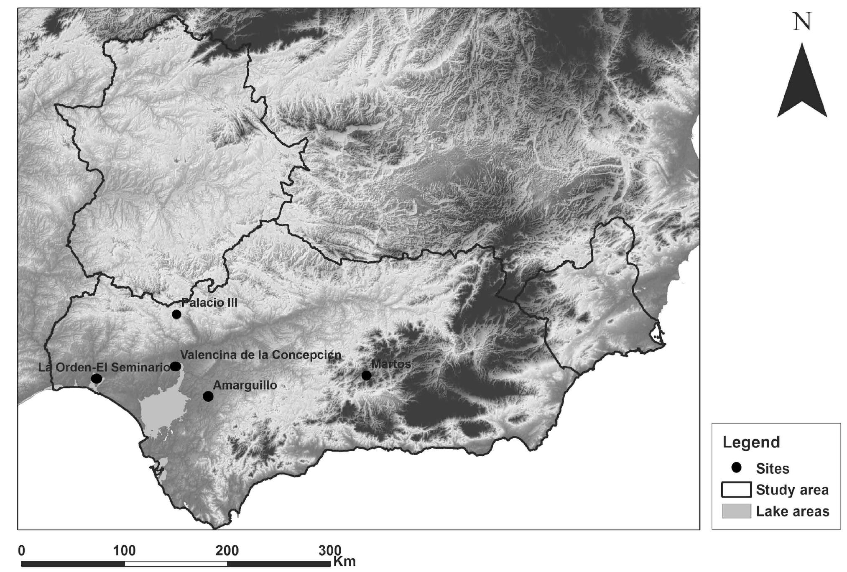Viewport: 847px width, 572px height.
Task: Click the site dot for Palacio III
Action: click(176, 314)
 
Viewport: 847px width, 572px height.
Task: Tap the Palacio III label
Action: click(209, 303)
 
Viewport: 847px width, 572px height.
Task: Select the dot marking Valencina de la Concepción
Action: click(176, 366)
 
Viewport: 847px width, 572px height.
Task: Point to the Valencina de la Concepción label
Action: click(261, 355)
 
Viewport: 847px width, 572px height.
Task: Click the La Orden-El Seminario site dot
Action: click(96, 379)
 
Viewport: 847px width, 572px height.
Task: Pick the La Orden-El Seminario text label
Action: click(104, 368)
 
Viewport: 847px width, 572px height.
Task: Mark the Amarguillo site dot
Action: click(208, 396)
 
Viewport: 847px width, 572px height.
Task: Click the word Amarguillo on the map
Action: click(245, 385)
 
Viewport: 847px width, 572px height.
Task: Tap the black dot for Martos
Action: click(366, 375)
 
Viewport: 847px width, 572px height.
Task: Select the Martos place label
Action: click(391, 364)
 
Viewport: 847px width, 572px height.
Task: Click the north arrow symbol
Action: click(802, 84)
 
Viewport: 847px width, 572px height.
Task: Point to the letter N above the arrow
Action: click(802, 22)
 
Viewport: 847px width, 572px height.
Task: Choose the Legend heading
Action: click(751, 442)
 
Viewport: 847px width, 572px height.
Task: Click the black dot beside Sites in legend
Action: click(736, 467)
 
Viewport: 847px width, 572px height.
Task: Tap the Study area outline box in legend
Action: click(736, 490)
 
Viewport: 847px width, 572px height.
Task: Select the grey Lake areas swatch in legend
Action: click(736, 511)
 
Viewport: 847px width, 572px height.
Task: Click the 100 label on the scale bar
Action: click(124, 551)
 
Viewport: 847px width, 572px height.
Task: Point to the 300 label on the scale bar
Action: click(330, 551)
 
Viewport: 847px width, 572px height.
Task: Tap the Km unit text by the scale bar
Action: click(344, 561)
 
